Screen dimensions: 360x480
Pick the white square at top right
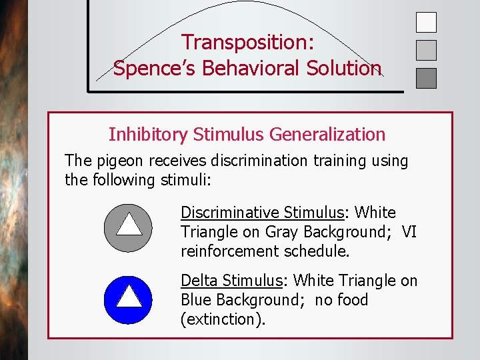pos(426,23)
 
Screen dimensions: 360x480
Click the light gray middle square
pos(426,50)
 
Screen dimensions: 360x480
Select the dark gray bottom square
pos(426,78)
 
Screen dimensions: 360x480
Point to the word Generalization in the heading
pos(327,135)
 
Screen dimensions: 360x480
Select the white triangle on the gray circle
pos(129,223)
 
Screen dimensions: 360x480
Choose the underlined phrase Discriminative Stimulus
pos(261,213)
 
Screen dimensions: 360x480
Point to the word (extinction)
pos(223,319)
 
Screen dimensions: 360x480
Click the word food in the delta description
pos(352,300)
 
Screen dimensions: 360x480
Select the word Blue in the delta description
pos(199,300)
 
